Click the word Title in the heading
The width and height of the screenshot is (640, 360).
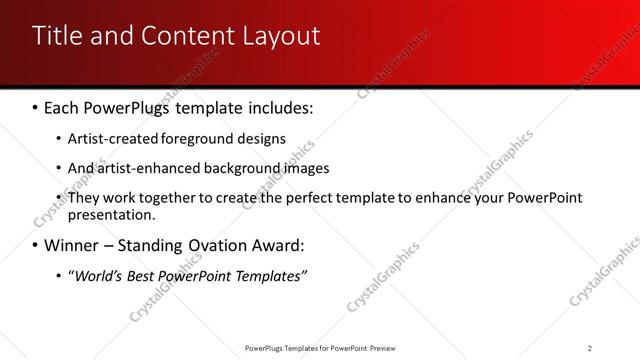[56, 37]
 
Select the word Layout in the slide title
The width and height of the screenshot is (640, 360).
[279, 37]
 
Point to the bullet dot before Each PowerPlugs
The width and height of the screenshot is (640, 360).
[36, 107]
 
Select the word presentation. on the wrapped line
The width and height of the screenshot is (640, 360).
[111, 214]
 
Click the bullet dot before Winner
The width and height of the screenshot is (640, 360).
[36, 246]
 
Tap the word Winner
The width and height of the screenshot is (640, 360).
[72, 246]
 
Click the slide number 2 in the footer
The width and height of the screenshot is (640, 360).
[590, 348]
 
